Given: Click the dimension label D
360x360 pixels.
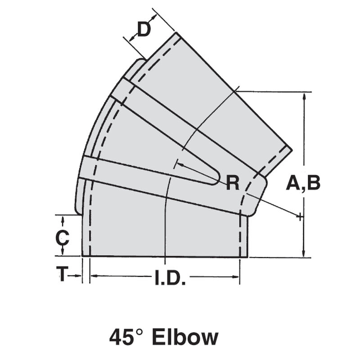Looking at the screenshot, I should coord(144,30).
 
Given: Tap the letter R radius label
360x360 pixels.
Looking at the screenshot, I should coord(233,183).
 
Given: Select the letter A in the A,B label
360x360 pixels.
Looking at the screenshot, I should coord(294,183).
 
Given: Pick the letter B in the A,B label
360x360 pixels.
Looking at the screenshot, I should coord(312,183).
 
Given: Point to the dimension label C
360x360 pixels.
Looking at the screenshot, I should coord(62,238).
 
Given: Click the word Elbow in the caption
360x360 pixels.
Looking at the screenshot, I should coord(185,337).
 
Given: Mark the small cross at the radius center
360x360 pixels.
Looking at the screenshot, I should coord(299,217).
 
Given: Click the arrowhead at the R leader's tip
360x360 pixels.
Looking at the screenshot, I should coord(180,165).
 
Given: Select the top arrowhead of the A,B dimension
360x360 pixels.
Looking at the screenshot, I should coord(305,96).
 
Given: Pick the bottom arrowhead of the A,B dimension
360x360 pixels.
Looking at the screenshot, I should coord(305,253).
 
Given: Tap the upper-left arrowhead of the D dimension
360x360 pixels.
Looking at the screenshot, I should coord(131,40).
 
